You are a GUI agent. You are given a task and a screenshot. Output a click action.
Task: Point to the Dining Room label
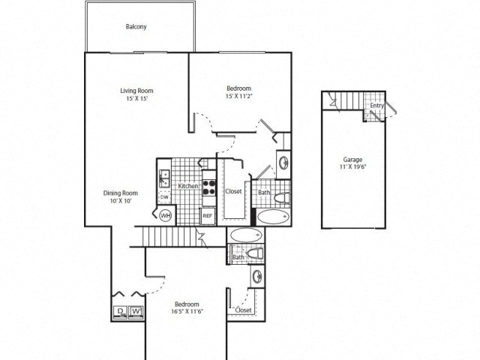(x=121, y=193)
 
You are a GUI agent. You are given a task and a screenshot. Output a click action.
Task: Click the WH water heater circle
(x=166, y=216)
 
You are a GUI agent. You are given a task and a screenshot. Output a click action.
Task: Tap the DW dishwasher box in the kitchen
(x=164, y=197)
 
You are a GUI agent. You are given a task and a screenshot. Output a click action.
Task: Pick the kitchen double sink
(x=163, y=178)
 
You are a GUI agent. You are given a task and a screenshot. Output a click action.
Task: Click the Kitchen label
(x=187, y=185)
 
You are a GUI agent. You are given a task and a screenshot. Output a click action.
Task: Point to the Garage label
(x=353, y=159)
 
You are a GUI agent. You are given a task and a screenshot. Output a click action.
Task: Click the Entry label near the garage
(x=376, y=106)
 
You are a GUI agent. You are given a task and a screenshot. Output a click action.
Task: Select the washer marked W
(x=136, y=312)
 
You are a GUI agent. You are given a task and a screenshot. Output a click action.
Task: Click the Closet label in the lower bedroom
(x=244, y=309)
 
